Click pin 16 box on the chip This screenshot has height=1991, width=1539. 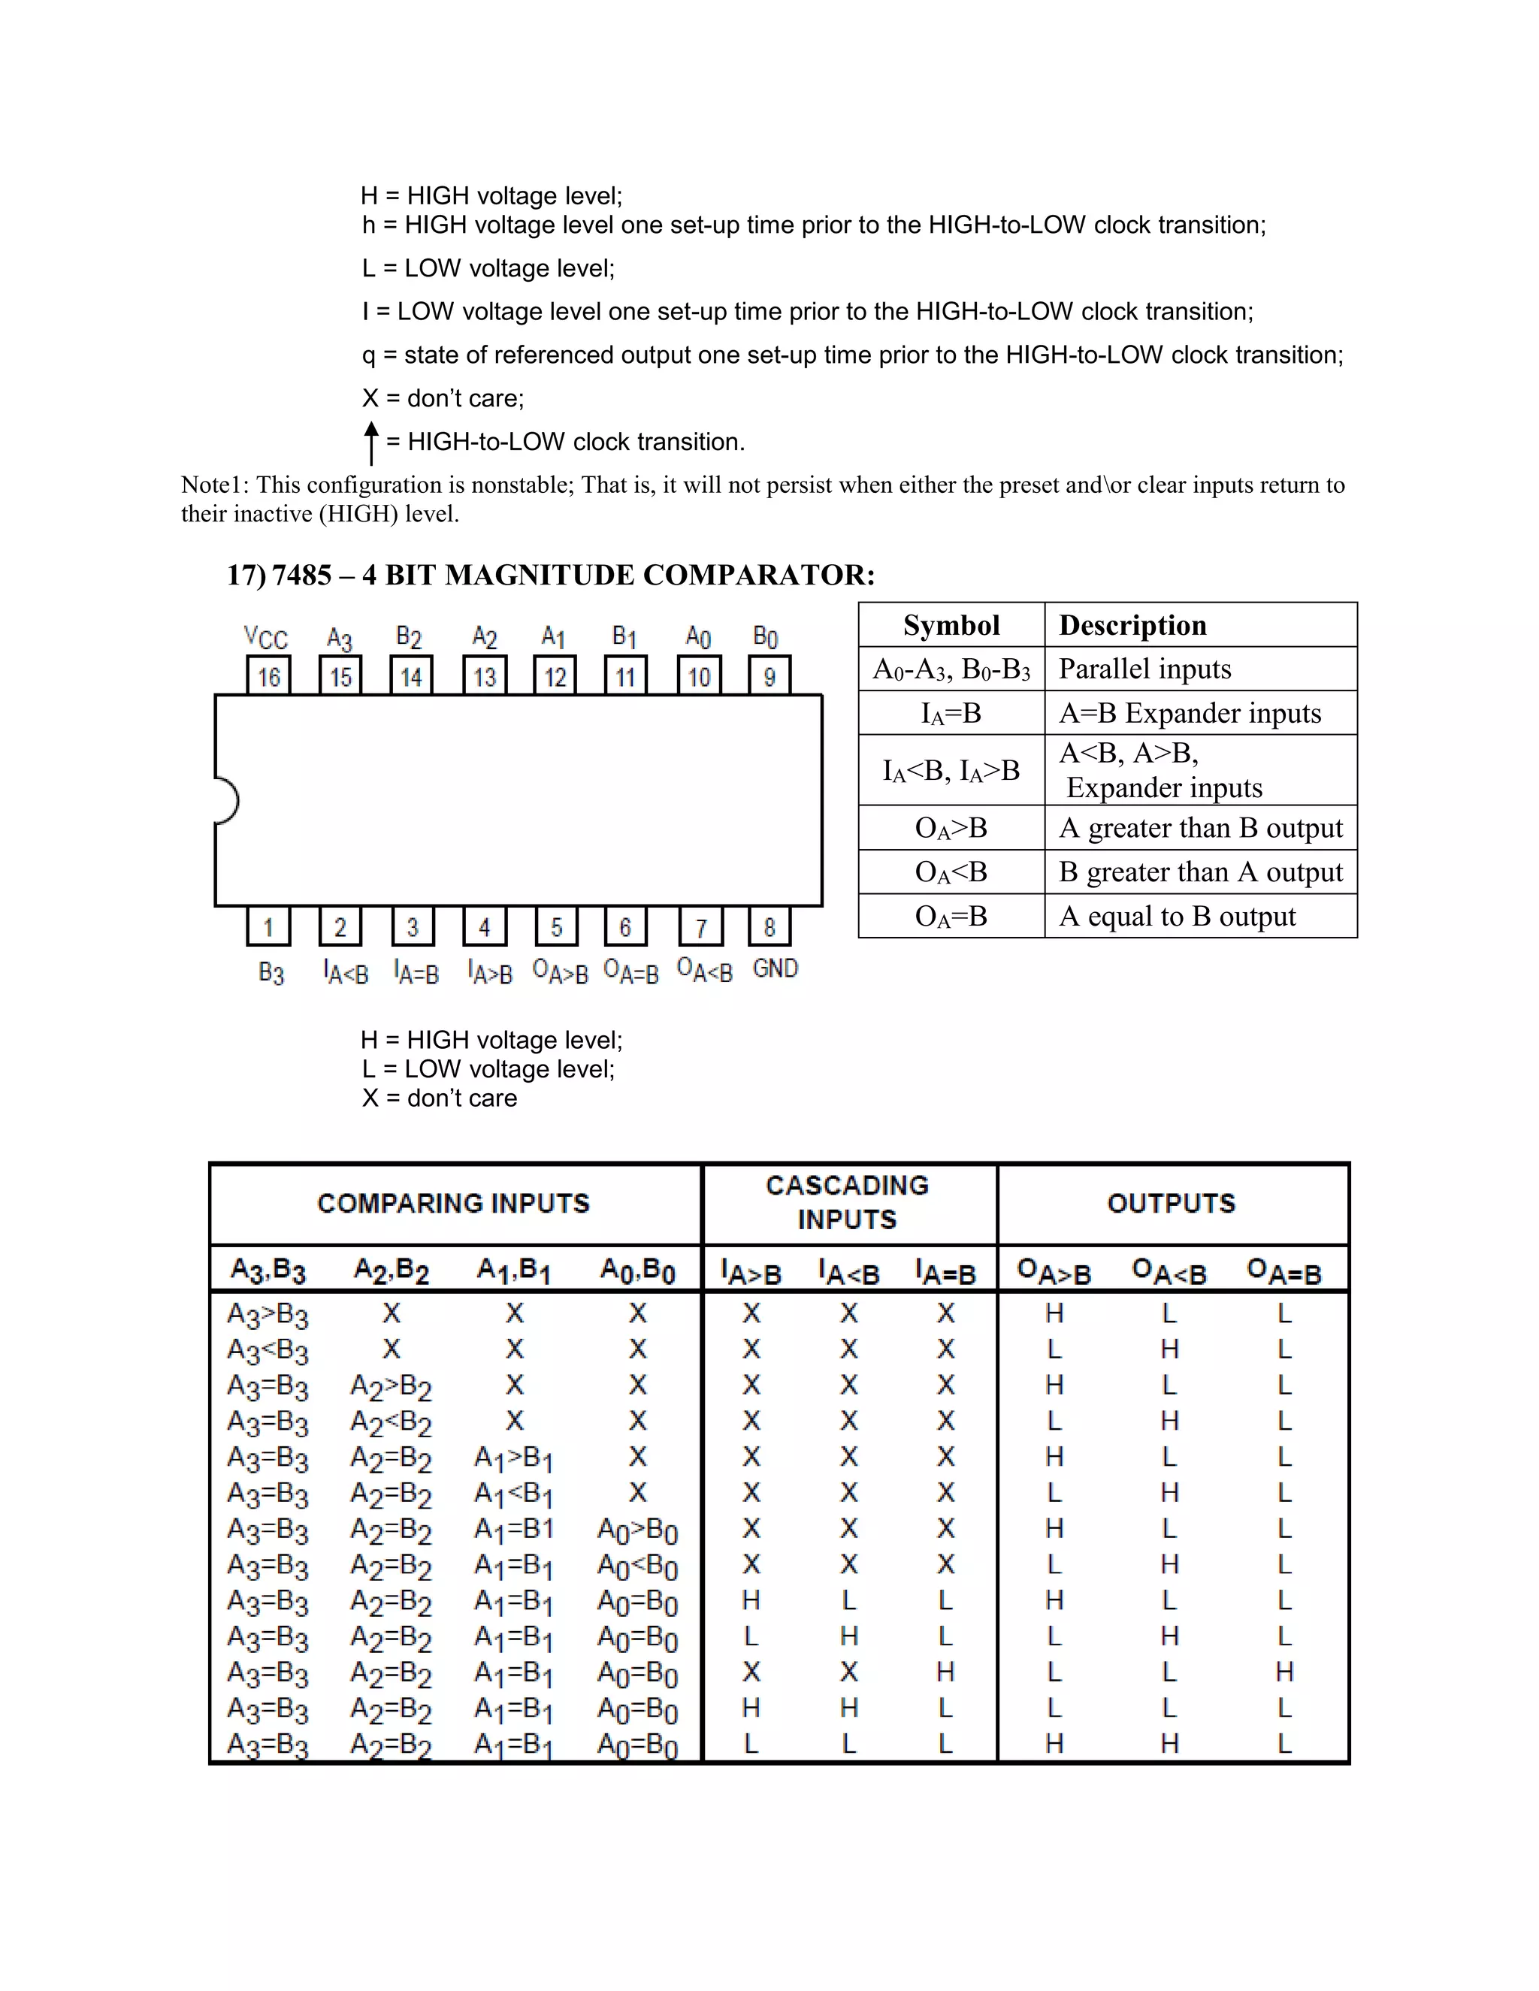[269, 676]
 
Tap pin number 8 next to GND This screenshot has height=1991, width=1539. [769, 927]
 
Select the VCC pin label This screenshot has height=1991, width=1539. [265, 637]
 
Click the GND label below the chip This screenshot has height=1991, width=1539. [775, 968]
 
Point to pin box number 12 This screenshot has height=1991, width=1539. [555, 676]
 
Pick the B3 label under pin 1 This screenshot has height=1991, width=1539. [271, 973]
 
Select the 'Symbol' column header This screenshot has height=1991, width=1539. [951, 625]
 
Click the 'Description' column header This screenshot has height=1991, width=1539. [1132, 625]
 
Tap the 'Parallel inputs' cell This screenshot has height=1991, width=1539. [1144, 669]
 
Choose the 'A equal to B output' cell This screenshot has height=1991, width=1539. [1176, 916]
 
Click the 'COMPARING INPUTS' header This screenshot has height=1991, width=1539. [453, 1204]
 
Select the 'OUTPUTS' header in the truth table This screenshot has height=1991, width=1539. [1172, 1204]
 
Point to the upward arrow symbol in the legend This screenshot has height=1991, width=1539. [371, 442]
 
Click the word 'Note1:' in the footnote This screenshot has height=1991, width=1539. [215, 485]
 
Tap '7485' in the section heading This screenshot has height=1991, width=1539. [302, 576]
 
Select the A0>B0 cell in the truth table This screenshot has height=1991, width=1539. [637, 1530]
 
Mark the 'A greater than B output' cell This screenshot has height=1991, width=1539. [1200, 828]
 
